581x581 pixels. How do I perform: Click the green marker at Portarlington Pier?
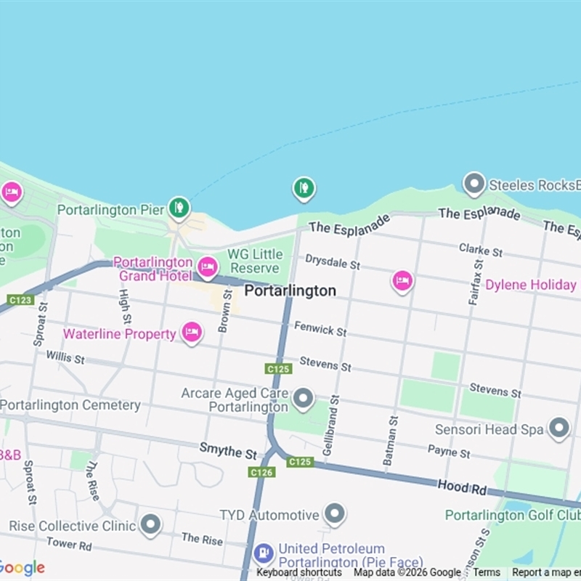click(179, 208)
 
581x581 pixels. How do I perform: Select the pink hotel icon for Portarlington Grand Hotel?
click(208, 267)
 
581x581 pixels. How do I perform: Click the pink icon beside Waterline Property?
click(192, 333)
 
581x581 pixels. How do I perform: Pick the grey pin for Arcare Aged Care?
click(303, 398)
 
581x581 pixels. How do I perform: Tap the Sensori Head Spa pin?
click(558, 428)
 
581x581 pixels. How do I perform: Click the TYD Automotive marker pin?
click(334, 514)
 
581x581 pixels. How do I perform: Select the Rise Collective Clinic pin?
click(150, 524)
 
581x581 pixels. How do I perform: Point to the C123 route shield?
click(20, 299)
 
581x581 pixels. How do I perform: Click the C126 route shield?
click(261, 472)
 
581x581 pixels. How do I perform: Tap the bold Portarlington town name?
click(290, 290)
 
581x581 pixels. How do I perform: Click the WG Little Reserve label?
click(255, 261)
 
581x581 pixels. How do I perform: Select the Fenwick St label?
click(320, 329)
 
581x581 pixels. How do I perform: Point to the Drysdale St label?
click(332, 261)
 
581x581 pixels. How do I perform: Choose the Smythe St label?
click(228, 452)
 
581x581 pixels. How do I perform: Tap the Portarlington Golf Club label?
click(512, 515)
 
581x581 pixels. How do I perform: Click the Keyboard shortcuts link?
click(298, 572)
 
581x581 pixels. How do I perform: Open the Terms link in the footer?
click(487, 572)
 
